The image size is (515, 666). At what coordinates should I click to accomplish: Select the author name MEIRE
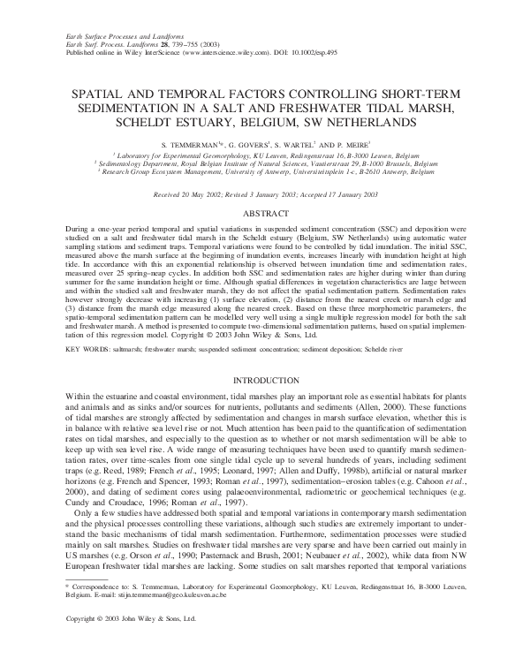click(365, 143)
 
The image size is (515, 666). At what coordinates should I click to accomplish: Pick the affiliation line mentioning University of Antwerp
click(257, 171)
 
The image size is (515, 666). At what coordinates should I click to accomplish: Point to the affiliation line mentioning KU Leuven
click(257, 154)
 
